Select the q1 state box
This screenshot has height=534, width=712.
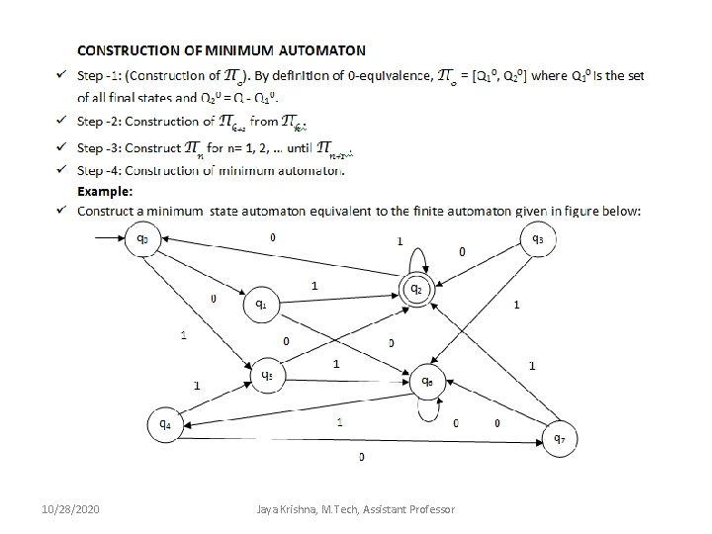point(261,304)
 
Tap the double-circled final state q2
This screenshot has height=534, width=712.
point(417,289)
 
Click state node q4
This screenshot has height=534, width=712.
point(164,424)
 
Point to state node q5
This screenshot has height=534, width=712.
point(267,375)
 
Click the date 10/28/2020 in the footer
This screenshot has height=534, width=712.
point(72,508)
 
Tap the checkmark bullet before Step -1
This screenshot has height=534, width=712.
point(61,76)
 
